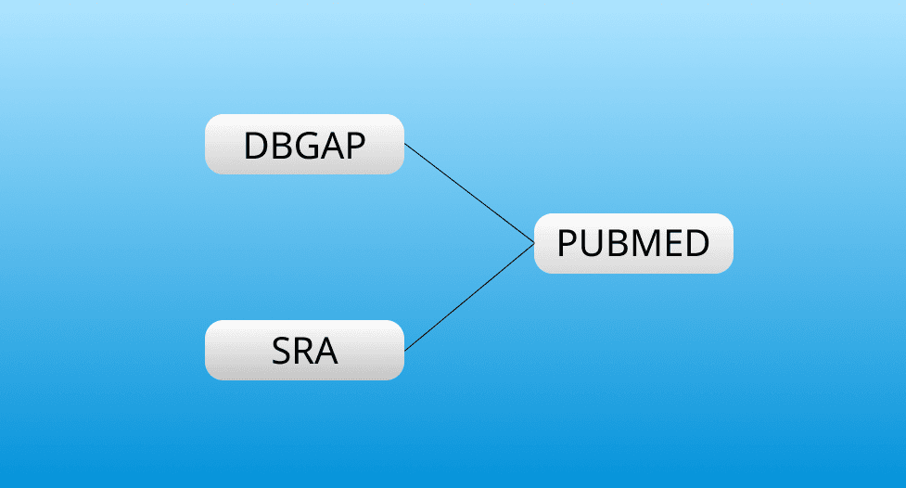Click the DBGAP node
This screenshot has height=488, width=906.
304,145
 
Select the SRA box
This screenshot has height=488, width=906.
304,351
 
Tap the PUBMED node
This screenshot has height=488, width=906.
633,244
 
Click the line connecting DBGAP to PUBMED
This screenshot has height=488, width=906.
469,194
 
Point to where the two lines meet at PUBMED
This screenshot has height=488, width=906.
535,244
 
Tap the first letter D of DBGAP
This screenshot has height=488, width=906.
254,146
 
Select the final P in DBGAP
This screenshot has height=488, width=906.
354,146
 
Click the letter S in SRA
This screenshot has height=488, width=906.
281,352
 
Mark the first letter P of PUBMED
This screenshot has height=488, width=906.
567,244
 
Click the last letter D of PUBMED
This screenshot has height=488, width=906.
697,244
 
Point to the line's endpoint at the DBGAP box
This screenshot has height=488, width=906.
405,145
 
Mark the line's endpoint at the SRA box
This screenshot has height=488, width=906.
405,350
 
